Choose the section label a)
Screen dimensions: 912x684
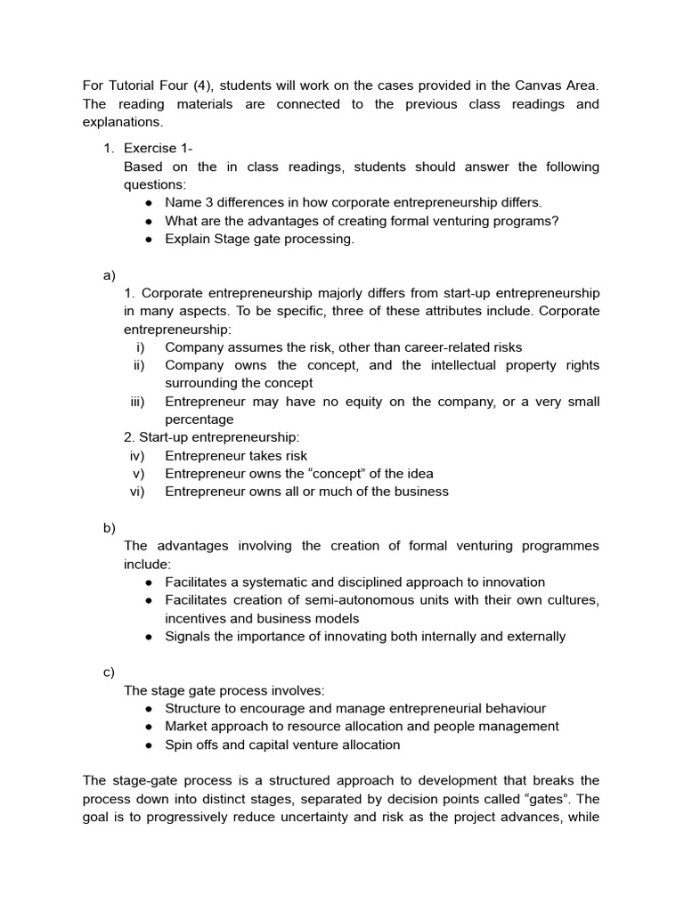click(x=110, y=275)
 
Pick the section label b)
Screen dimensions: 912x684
click(x=110, y=527)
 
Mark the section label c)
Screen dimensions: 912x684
click(x=110, y=672)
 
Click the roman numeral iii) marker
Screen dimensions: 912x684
click(x=137, y=402)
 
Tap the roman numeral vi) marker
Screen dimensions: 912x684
click(x=137, y=492)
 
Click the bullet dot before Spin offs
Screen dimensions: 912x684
click(x=150, y=745)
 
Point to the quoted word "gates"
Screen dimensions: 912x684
click(x=552, y=799)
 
